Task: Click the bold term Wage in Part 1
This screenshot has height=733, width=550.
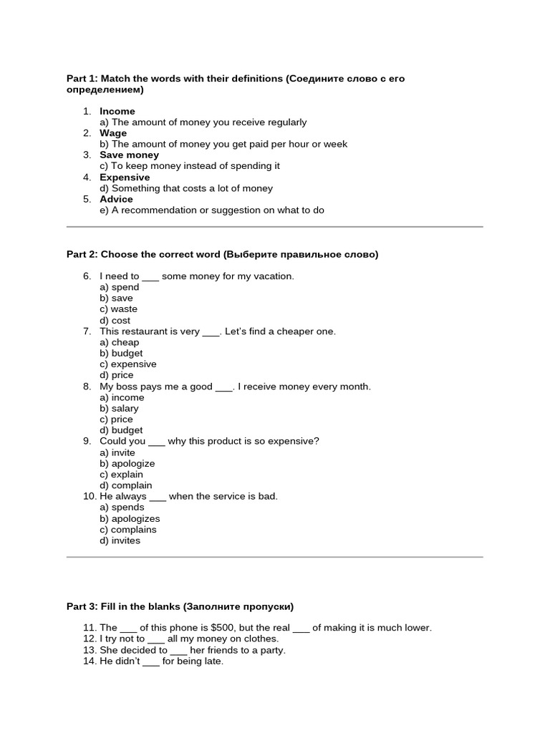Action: [x=113, y=133]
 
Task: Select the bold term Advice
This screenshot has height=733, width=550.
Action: [x=116, y=199]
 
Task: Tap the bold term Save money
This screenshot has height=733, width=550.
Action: [x=129, y=155]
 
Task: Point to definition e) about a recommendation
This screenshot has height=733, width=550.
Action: [x=212, y=210]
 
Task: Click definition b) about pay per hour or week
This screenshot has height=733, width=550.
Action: [x=223, y=144]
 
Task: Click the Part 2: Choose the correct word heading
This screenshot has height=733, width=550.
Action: [x=222, y=254]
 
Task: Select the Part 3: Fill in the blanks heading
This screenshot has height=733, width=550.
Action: [x=180, y=606]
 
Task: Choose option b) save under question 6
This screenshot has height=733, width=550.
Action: [x=116, y=298]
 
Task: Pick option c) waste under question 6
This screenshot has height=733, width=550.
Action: [x=118, y=309]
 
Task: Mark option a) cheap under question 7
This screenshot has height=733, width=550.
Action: [x=119, y=342]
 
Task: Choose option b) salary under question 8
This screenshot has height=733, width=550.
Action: [x=119, y=408]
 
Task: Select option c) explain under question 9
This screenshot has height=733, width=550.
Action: [x=121, y=474]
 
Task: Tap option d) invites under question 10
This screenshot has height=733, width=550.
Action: [x=120, y=540]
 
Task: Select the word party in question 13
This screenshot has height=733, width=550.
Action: [x=269, y=650]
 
